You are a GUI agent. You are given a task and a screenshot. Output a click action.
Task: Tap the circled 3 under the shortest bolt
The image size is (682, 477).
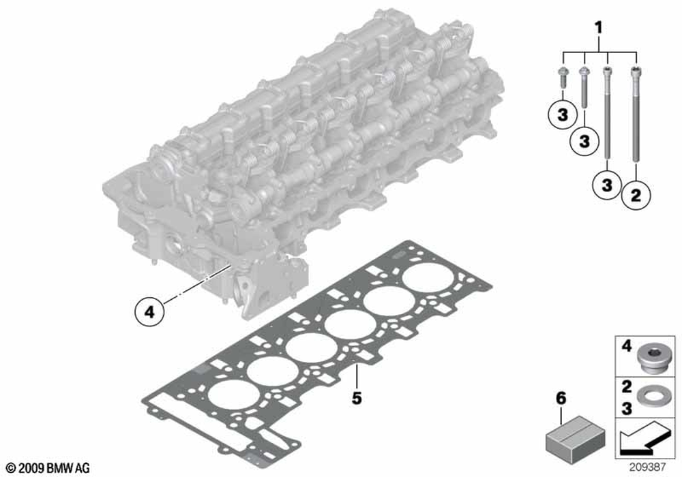pyautogui.click(x=562, y=116)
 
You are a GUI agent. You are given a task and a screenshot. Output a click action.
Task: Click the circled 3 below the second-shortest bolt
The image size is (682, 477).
pyautogui.click(x=584, y=141)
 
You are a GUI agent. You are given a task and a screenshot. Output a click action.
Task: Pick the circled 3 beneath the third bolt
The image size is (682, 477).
pyautogui.click(x=606, y=184)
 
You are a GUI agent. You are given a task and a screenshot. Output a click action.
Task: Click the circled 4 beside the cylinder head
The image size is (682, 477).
pyautogui.click(x=149, y=312)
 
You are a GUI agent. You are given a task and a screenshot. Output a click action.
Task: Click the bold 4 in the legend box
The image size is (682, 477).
pyautogui.click(x=625, y=346)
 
